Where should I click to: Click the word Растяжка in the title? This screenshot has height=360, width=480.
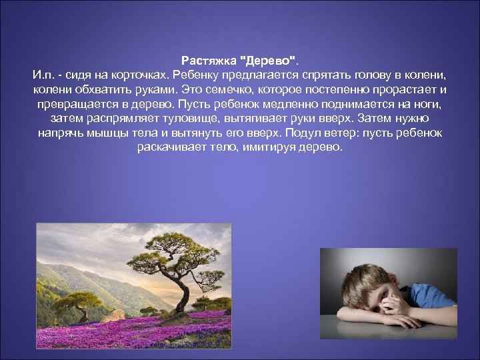pyautogui.click(x=205, y=59)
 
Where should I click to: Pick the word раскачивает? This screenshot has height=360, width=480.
pyautogui.click(x=171, y=147)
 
